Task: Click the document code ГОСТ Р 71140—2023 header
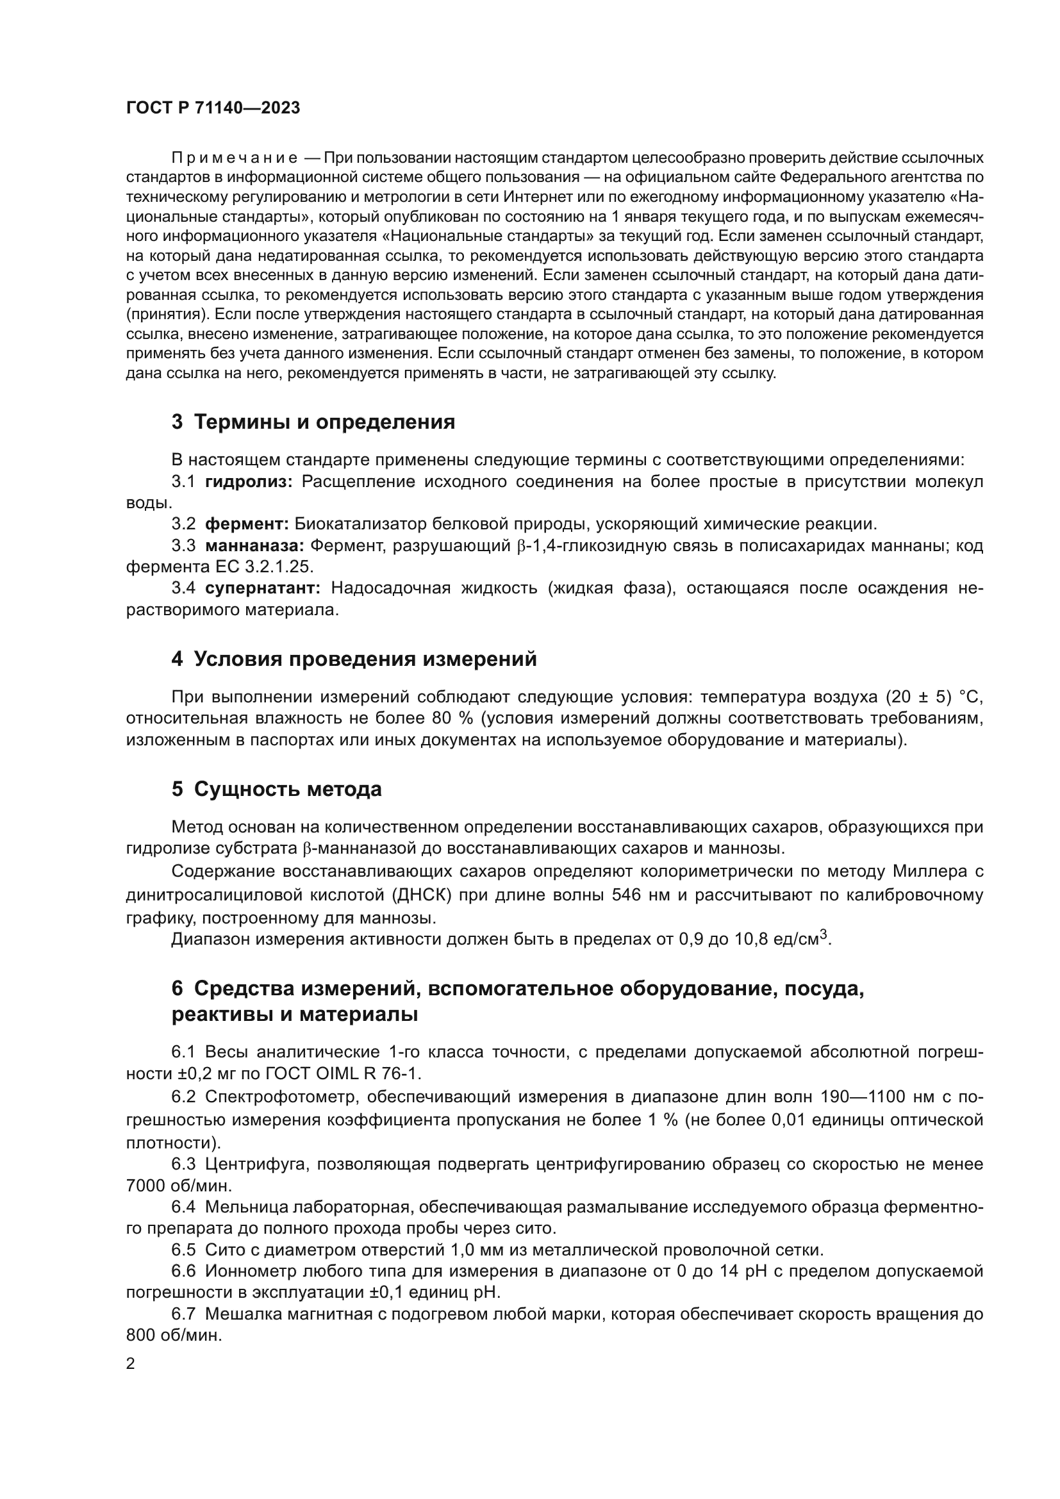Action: tap(213, 108)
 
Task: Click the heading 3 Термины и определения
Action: tap(313, 422)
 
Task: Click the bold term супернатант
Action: tap(262, 588)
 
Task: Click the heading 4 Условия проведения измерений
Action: tap(354, 659)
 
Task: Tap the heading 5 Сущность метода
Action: tap(276, 790)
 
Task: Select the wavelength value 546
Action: tap(625, 895)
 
